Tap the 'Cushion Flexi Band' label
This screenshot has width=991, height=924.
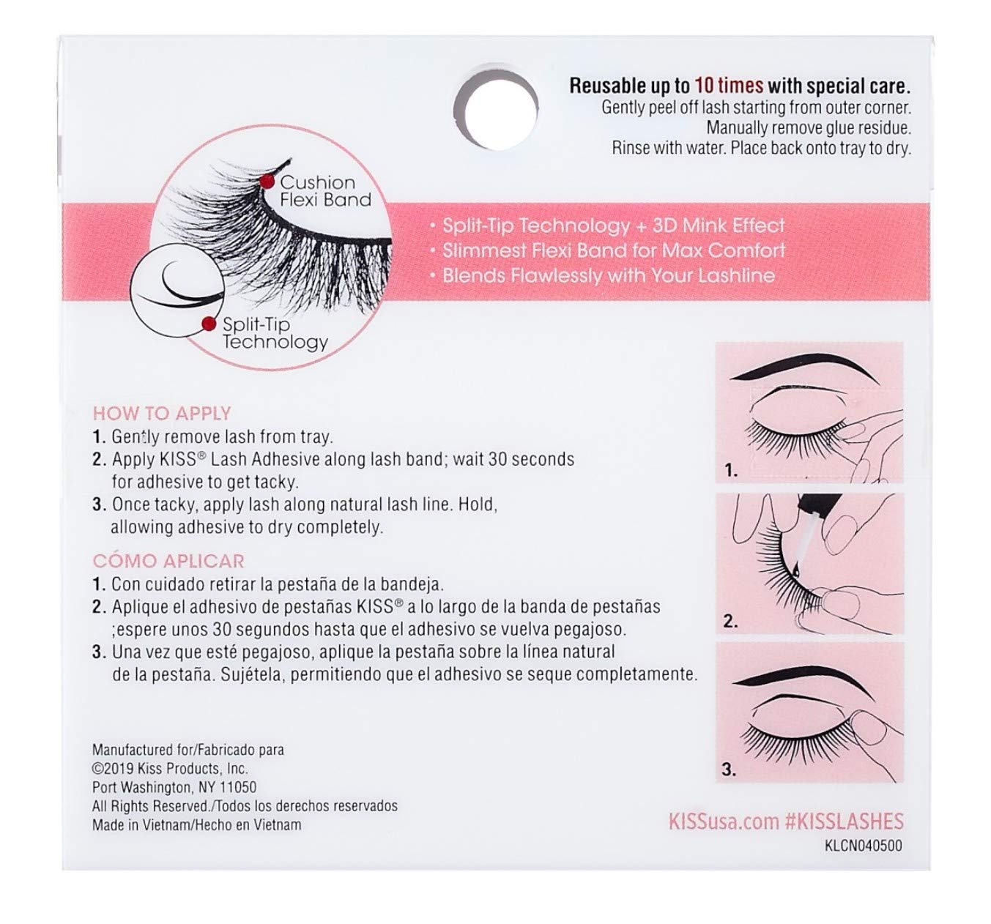coord(326,190)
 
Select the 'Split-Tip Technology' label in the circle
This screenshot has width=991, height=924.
coord(275,333)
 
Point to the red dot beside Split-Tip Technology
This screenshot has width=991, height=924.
coord(209,322)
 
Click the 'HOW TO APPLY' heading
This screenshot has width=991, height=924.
coord(161,413)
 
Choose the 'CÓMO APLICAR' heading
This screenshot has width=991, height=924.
coord(168,561)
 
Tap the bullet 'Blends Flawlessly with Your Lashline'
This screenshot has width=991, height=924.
coord(608,275)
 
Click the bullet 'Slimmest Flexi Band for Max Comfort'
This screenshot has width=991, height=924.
coord(613,250)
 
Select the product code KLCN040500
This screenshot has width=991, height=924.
coord(863,846)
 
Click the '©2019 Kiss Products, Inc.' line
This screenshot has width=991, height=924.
coord(170,769)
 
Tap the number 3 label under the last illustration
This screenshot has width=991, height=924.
coord(729,770)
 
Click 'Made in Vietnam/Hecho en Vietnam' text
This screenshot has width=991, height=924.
coord(196,824)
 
